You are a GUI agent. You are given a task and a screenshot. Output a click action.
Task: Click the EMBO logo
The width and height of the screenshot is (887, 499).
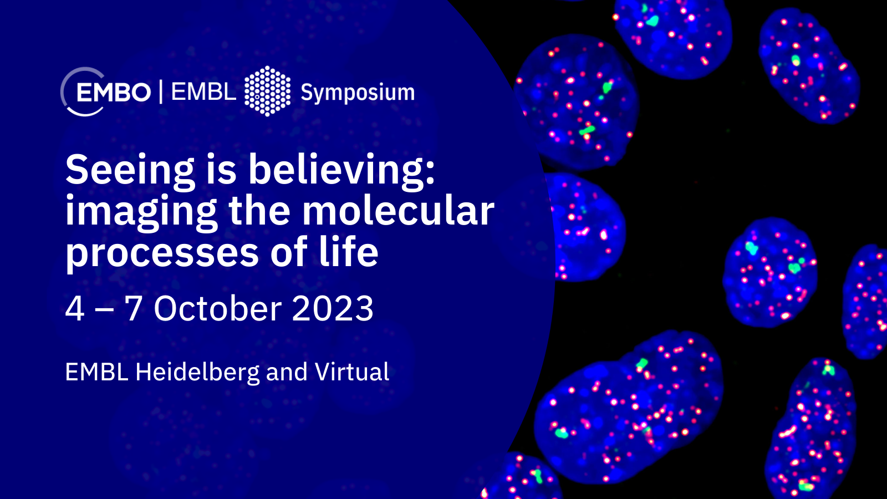click(x=105, y=92)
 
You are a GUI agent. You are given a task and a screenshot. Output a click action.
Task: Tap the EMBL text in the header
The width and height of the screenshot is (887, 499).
click(x=203, y=92)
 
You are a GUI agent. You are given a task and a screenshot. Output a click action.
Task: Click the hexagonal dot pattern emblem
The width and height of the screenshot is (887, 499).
click(x=267, y=91)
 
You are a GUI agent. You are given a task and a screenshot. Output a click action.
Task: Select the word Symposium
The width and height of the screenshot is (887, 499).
click(x=358, y=93)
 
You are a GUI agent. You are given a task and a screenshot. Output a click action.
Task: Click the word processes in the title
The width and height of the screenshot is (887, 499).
click(x=162, y=253)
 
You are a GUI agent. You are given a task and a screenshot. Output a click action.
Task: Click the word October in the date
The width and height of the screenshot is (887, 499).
click(x=218, y=308)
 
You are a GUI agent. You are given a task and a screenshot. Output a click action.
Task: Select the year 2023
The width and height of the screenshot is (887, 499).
click(x=333, y=308)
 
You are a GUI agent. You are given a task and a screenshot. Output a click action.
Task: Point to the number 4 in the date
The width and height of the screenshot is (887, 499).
click(x=74, y=308)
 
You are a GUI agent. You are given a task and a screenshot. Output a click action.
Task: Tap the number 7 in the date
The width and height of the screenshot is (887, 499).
click(x=133, y=308)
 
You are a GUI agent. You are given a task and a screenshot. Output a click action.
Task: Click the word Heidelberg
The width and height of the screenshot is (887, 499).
click(x=197, y=373)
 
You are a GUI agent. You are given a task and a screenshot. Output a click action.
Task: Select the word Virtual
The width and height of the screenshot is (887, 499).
click(x=351, y=371)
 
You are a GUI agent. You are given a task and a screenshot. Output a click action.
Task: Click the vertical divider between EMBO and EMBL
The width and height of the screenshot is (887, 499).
click(x=161, y=91)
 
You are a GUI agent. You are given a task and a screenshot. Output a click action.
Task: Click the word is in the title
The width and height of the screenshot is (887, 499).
click(x=221, y=170)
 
